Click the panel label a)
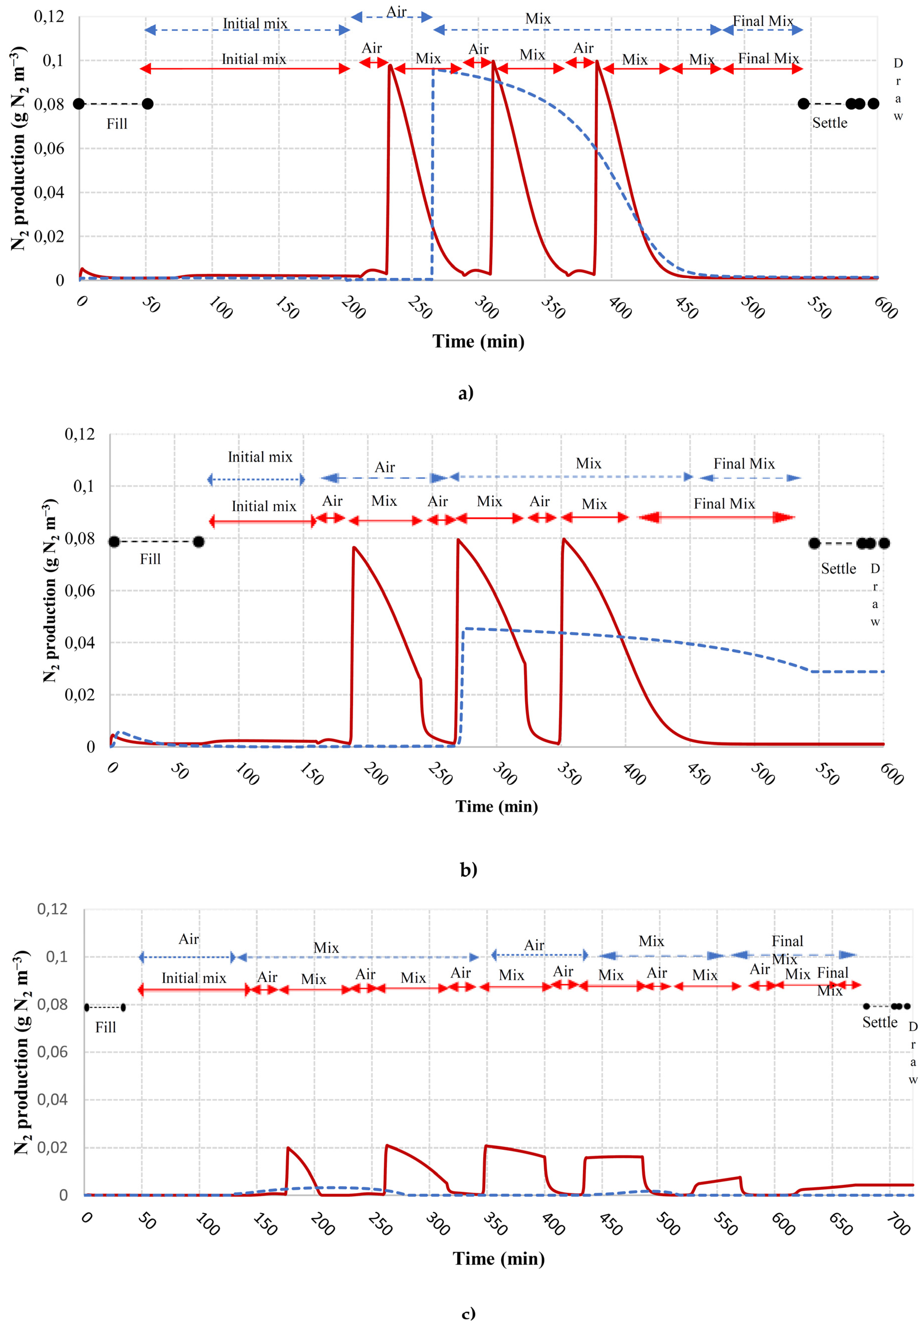465,393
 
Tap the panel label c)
468,1313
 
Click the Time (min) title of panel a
478,341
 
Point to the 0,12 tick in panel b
80,434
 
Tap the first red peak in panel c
287,1148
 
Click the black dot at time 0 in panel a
79,104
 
